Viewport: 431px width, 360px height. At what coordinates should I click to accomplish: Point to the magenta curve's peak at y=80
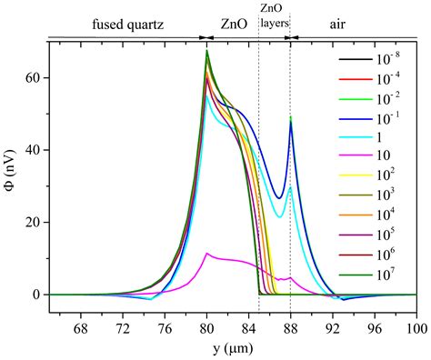click(207, 254)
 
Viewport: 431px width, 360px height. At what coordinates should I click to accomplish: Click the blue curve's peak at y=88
click(291, 123)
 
